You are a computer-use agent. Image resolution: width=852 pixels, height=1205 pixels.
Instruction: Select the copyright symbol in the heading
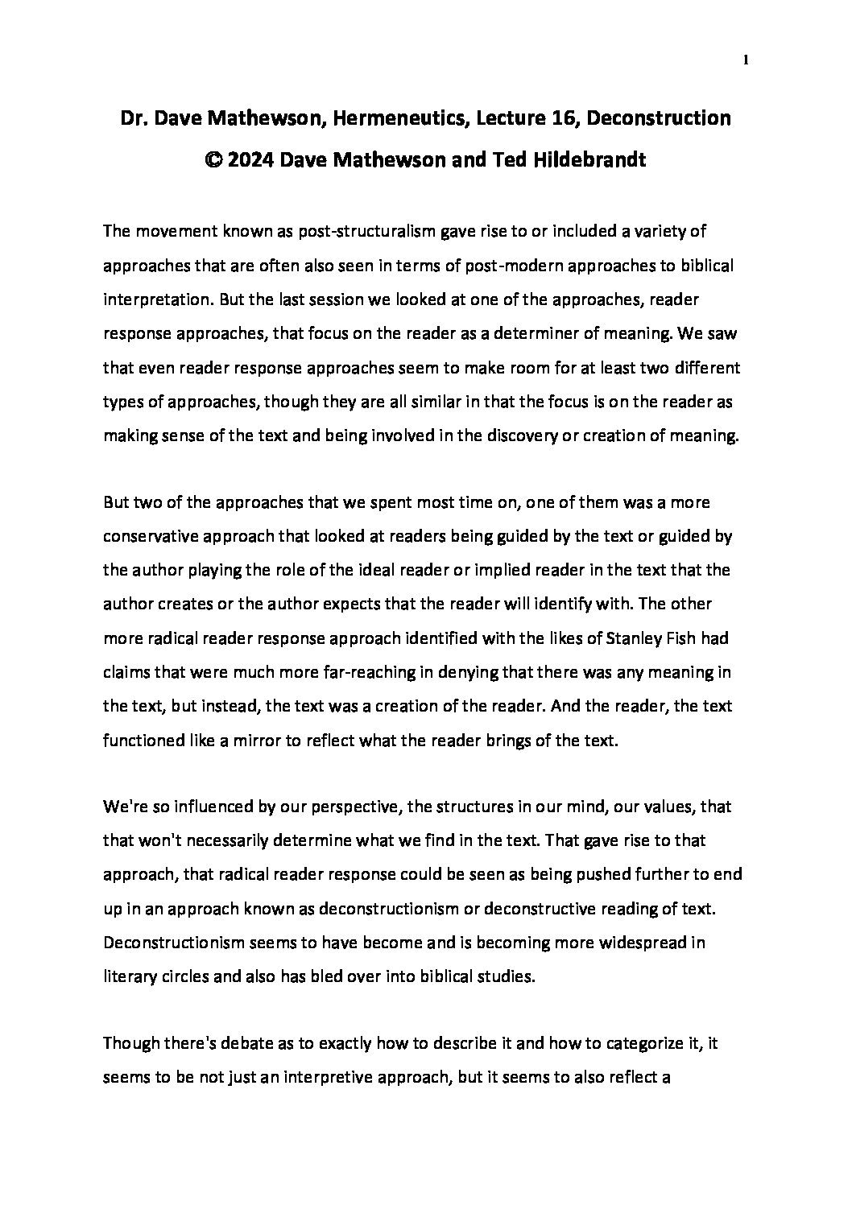click(212, 160)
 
